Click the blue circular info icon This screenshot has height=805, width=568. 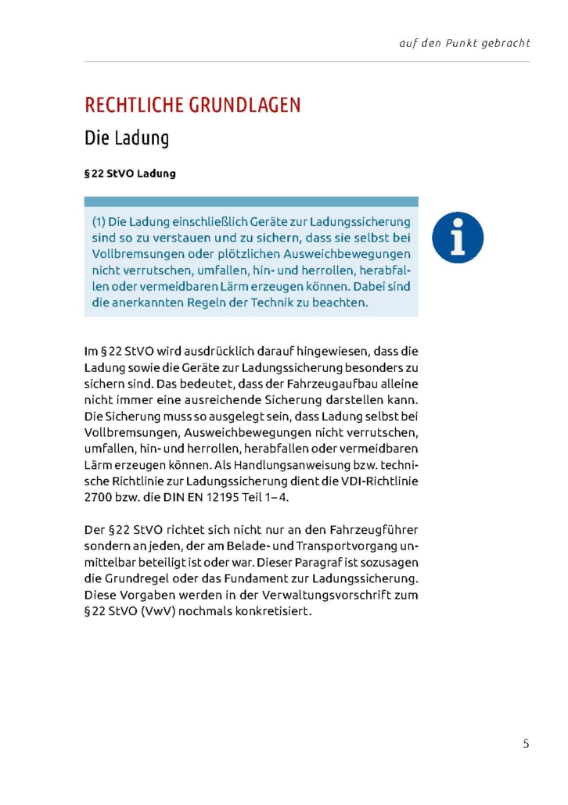pos(458,238)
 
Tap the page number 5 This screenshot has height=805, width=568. pos(526,744)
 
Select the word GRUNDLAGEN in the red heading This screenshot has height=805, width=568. pos(246,105)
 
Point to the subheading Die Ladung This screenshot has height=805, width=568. pos(127,139)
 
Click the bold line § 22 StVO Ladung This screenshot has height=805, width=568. pos(130,174)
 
